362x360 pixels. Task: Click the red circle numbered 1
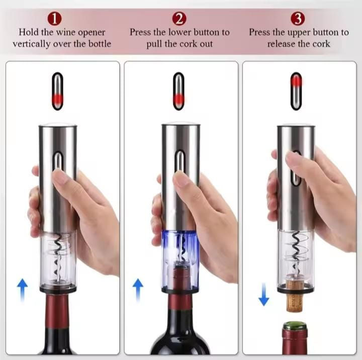(x=55, y=19)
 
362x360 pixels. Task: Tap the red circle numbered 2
(x=179, y=19)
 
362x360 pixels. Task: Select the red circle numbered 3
(x=298, y=19)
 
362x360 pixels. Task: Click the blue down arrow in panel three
(x=263, y=294)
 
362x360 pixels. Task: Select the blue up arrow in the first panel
(x=23, y=290)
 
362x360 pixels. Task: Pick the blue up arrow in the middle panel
(x=138, y=290)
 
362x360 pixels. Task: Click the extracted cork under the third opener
(x=294, y=296)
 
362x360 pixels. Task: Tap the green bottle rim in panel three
(x=295, y=325)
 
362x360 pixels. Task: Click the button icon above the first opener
(x=57, y=91)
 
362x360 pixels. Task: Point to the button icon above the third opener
(x=296, y=91)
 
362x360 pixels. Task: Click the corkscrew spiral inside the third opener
(x=296, y=252)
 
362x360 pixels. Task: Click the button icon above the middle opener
(x=178, y=91)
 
